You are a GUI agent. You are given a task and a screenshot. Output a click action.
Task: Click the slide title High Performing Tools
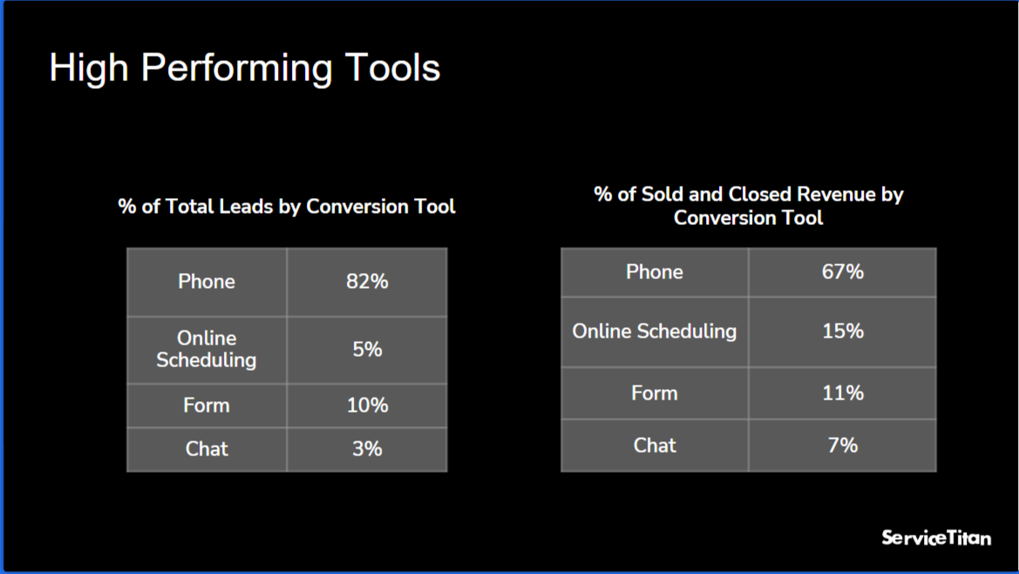click(244, 68)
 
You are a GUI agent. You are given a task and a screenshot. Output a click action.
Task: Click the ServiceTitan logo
click(936, 537)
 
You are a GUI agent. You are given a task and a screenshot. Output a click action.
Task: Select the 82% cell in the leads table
click(367, 282)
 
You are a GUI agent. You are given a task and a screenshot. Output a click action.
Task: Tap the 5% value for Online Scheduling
click(367, 349)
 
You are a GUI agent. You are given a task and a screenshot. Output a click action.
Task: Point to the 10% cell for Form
click(367, 406)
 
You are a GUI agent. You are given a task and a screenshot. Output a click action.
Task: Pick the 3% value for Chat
click(367, 449)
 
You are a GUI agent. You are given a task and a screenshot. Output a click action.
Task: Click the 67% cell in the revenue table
click(842, 272)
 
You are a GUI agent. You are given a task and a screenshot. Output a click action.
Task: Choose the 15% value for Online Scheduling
click(842, 331)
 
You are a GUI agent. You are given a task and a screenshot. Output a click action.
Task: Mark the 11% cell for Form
click(842, 393)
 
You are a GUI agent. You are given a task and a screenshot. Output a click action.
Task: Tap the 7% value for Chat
click(842, 446)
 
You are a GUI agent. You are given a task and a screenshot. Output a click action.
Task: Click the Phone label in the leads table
click(207, 282)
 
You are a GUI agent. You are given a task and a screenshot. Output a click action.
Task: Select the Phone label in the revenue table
click(654, 272)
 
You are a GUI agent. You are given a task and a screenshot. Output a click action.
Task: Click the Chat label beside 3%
click(207, 449)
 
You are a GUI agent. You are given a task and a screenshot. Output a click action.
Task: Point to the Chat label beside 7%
click(654, 446)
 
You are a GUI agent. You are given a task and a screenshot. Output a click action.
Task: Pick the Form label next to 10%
click(207, 406)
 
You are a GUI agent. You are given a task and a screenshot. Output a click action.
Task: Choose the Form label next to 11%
click(654, 393)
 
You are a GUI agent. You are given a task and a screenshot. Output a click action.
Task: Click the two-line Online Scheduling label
click(207, 349)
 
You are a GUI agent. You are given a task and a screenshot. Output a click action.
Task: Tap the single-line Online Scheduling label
click(654, 331)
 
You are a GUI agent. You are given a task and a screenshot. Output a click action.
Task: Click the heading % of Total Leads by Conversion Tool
click(287, 207)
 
